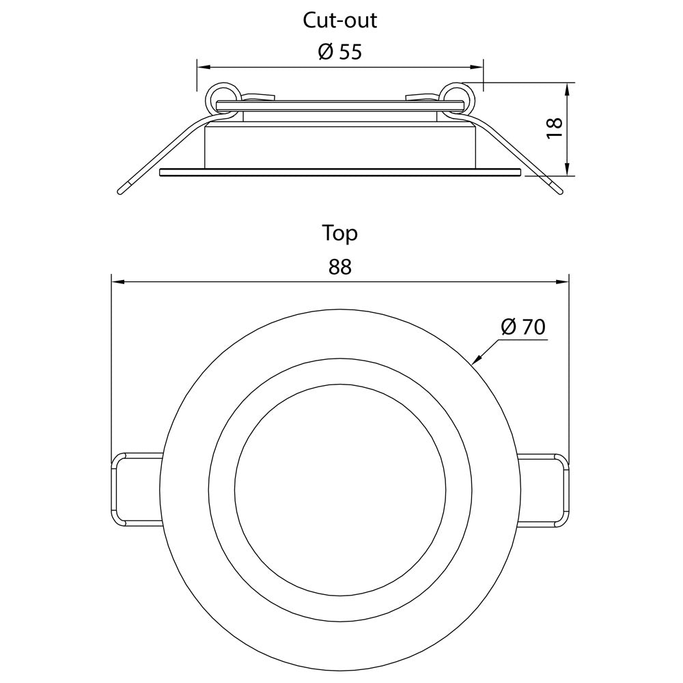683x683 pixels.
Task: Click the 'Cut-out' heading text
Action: (339, 20)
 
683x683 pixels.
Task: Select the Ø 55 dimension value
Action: (339, 52)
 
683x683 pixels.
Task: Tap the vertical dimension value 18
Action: (555, 128)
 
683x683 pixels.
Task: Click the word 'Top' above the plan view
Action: (339, 234)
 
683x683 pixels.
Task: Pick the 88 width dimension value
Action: (339, 266)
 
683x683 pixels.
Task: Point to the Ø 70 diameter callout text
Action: (522, 326)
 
